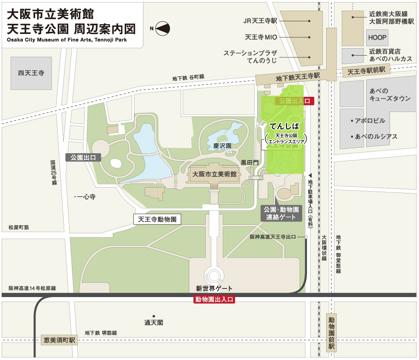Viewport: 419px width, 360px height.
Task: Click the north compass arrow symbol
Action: coord(162,28)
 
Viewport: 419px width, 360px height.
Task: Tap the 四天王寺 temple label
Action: coord(31,73)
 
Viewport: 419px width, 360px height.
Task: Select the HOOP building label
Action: coord(377,38)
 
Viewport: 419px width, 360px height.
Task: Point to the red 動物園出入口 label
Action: coord(214,300)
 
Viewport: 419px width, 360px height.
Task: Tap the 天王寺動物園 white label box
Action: coord(157,219)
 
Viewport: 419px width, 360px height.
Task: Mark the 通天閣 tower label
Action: coord(154,322)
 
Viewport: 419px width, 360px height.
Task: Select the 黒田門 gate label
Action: coord(249,162)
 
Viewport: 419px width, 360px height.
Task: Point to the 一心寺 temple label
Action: coord(86,197)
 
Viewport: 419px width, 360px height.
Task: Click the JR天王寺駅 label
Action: coord(260,20)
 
